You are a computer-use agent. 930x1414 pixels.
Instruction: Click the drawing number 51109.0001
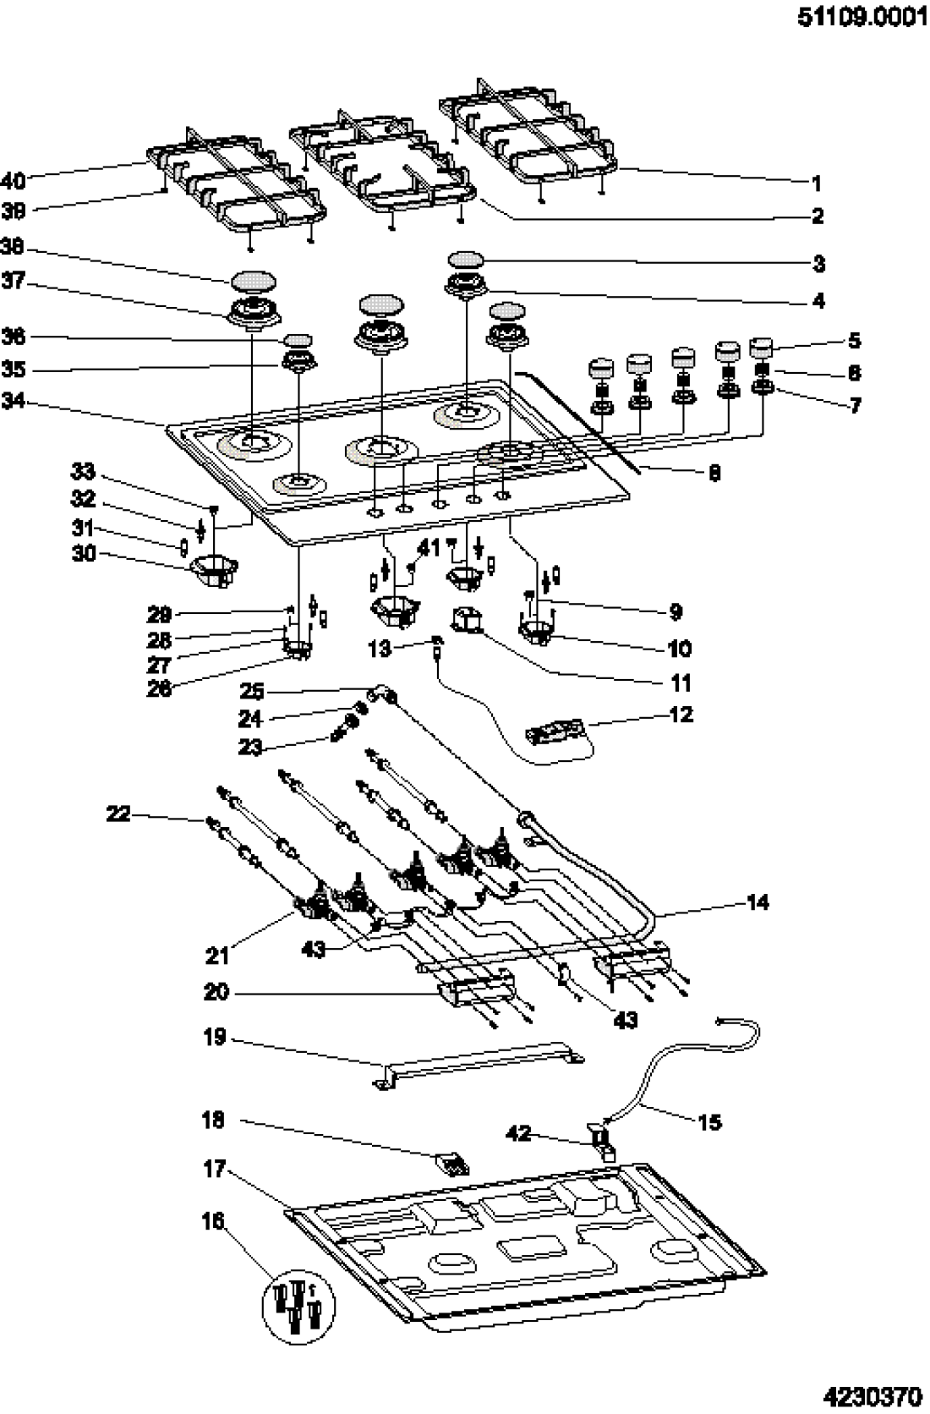tap(862, 18)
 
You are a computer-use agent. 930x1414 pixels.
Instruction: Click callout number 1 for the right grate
tap(817, 184)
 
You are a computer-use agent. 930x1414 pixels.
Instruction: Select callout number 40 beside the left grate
tap(14, 180)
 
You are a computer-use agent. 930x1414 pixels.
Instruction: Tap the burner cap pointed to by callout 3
tap(466, 260)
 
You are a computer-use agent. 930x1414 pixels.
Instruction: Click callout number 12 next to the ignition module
tap(681, 715)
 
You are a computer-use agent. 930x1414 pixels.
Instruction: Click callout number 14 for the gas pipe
tap(758, 902)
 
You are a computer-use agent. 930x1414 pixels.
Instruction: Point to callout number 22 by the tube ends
tap(118, 814)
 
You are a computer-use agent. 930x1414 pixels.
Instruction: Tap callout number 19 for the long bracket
tap(215, 1036)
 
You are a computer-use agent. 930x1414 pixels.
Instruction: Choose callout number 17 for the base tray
tap(215, 1170)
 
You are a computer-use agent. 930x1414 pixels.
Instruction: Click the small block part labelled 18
tap(453, 1165)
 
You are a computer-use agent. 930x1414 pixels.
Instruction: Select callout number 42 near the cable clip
tap(518, 1132)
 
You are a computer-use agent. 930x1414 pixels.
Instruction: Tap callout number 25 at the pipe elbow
tap(252, 692)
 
